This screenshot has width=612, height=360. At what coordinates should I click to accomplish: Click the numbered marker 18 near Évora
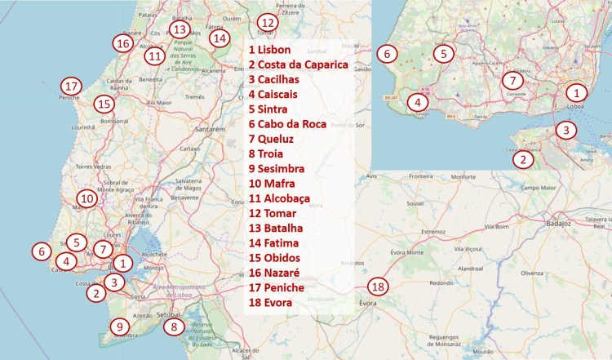(377, 287)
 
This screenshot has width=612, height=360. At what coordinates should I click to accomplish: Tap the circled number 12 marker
(267, 23)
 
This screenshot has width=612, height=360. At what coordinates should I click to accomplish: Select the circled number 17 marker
(71, 86)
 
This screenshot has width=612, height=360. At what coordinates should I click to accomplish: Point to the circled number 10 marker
(86, 198)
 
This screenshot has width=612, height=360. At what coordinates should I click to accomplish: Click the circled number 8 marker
(174, 327)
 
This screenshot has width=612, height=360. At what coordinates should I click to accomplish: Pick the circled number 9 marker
(120, 327)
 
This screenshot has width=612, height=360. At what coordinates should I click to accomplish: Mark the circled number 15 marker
(103, 104)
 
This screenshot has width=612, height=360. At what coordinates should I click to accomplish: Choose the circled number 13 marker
(180, 29)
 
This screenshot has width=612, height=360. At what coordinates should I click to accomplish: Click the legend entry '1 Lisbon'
(270, 50)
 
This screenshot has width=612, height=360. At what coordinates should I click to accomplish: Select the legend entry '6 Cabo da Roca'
(288, 124)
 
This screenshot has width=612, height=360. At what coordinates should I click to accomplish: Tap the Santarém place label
(207, 129)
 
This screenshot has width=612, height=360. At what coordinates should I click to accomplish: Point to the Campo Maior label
(543, 187)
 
